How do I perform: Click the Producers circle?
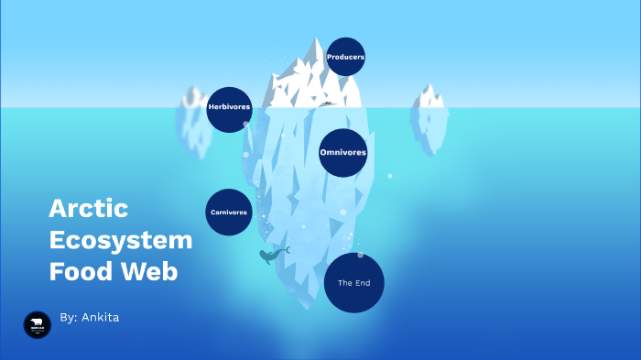(x=345, y=57)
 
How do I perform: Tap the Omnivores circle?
(x=343, y=152)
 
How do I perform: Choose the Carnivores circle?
(x=229, y=212)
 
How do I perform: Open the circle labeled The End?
(x=353, y=283)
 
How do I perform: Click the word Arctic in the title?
(x=88, y=209)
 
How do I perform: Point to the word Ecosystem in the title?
(x=120, y=241)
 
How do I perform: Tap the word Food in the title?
(x=79, y=272)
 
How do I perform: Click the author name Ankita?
(x=101, y=317)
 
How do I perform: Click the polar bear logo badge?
(x=37, y=324)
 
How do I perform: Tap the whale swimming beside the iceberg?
(x=271, y=256)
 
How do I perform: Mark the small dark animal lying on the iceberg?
(x=328, y=103)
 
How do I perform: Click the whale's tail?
(x=287, y=248)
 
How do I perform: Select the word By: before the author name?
(x=68, y=317)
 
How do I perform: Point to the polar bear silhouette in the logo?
(x=37, y=322)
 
